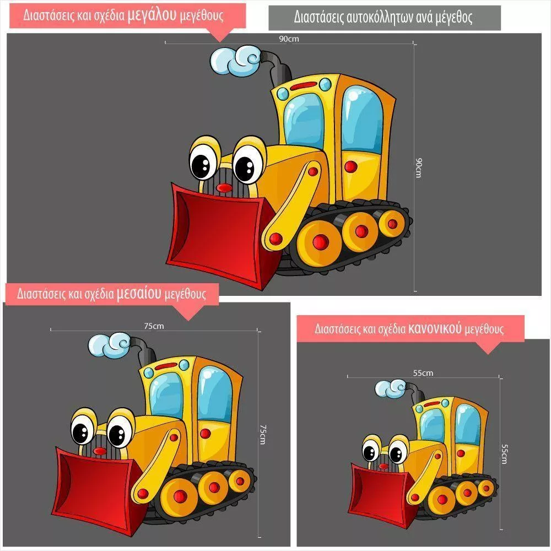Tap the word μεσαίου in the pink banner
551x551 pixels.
tap(139, 293)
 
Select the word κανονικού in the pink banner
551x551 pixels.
tap(434, 328)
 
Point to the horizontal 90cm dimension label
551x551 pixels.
tap(289, 39)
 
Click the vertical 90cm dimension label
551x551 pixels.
tap(418, 168)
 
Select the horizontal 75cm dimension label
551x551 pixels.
tap(154, 326)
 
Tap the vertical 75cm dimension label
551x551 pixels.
tap(262, 434)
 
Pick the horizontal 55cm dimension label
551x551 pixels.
tap(423, 373)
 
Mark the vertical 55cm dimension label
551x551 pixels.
tap(504, 455)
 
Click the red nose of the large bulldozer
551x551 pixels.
tap(224, 188)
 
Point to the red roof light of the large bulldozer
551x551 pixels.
tap(304, 86)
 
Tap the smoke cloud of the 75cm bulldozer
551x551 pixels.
tap(109, 344)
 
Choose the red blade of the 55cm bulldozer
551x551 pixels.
tap(383, 492)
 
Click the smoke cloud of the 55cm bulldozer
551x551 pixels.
tap(391, 388)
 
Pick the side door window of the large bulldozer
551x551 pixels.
tap(362, 119)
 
